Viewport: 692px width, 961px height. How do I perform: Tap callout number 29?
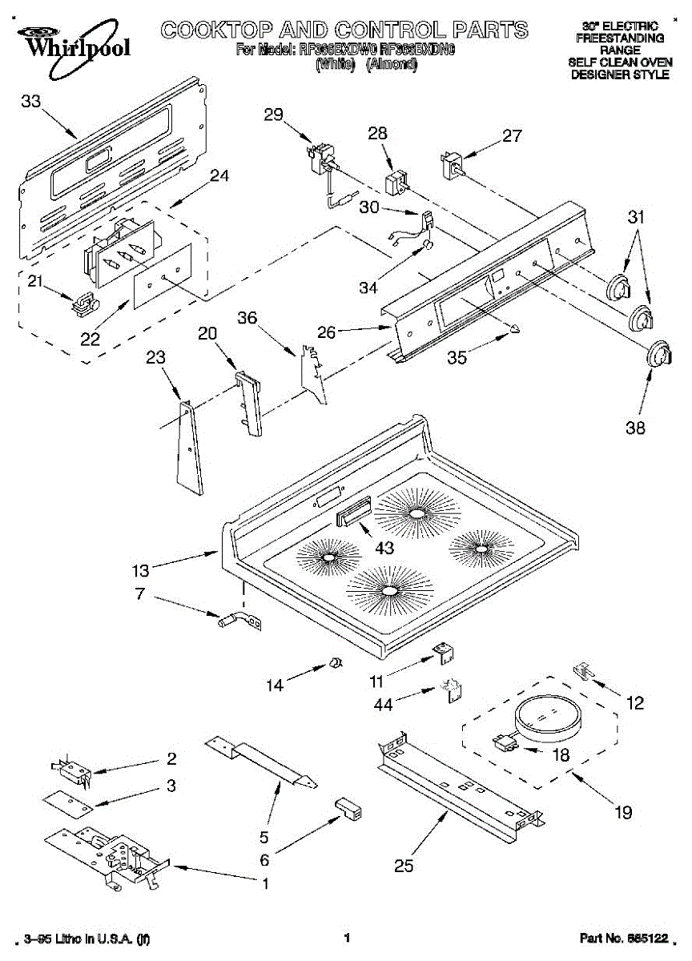click(274, 115)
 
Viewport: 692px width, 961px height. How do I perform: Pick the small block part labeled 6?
click(348, 807)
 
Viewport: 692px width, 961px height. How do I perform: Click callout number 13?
click(140, 571)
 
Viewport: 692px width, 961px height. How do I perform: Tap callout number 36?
click(247, 319)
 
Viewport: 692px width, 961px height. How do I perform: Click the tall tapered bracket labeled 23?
click(189, 448)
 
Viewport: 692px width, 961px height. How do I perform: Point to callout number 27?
click(513, 137)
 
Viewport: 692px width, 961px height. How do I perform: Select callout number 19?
click(622, 812)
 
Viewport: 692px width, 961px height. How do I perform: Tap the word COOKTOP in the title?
click(210, 30)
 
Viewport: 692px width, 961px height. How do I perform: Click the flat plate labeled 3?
click(68, 799)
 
